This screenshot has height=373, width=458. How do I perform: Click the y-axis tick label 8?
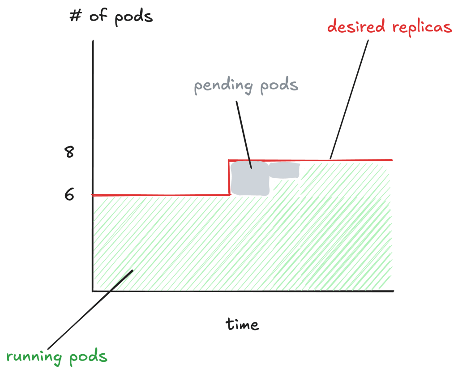(x=69, y=152)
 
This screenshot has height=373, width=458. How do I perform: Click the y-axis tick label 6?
(x=69, y=194)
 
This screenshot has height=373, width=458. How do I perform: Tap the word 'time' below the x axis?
(x=242, y=324)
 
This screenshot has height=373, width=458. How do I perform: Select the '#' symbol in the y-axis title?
(x=75, y=16)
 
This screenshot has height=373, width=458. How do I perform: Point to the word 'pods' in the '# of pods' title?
(x=133, y=17)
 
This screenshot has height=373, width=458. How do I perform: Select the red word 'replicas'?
(x=422, y=27)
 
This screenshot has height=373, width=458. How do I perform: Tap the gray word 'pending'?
(x=223, y=86)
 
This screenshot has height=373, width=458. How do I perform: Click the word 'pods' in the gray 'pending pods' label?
(x=279, y=85)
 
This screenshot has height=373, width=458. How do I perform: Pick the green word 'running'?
(x=34, y=357)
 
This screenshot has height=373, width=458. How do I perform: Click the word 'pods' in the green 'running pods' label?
(x=88, y=357)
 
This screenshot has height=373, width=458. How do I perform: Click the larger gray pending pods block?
(x=250, y=178)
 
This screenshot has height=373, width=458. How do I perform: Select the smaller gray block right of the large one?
(x=284, y=170)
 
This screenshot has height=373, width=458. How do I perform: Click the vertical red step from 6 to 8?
(x=229, y=177)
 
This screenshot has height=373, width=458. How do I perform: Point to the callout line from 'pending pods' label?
(x=244, y=135)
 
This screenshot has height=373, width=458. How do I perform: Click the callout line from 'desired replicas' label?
(x=349, y=99)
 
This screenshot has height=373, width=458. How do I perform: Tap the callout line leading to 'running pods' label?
(x=90, y=309)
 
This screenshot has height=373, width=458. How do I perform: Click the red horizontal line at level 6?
(x=160, y=195)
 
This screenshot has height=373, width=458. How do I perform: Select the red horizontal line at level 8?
(x=311, y=160)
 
